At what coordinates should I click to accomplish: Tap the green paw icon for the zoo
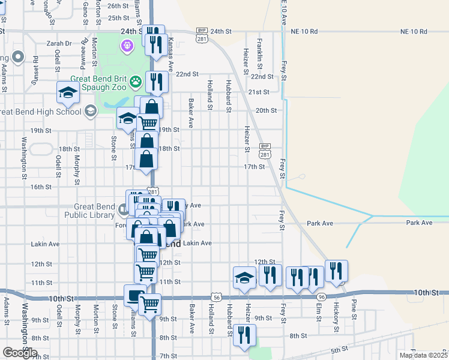[x=137, y=79]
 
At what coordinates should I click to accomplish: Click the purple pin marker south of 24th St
[x=127, y=45]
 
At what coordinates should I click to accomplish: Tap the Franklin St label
[x=259, y=51]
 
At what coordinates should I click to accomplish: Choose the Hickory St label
[x=336, y=317]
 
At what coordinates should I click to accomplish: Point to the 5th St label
[x=339, y=349]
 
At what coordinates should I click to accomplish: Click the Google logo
[x=19, y=353]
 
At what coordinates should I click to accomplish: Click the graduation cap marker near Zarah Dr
[x=67, y=92]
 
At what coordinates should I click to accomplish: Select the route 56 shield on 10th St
[x=216, y=297]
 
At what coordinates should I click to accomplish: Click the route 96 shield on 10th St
[x=322, y=297]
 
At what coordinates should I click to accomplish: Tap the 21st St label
[x=259, y=92]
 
